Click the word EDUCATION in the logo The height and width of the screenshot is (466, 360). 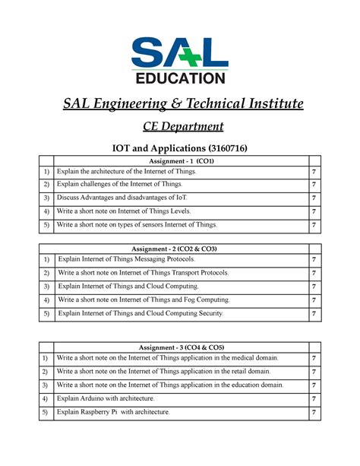179,77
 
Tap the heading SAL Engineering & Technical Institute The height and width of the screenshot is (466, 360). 179,104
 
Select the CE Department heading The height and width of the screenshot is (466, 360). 179,128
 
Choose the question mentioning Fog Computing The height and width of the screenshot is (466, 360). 143,300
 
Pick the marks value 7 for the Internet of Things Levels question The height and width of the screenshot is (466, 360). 314,211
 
